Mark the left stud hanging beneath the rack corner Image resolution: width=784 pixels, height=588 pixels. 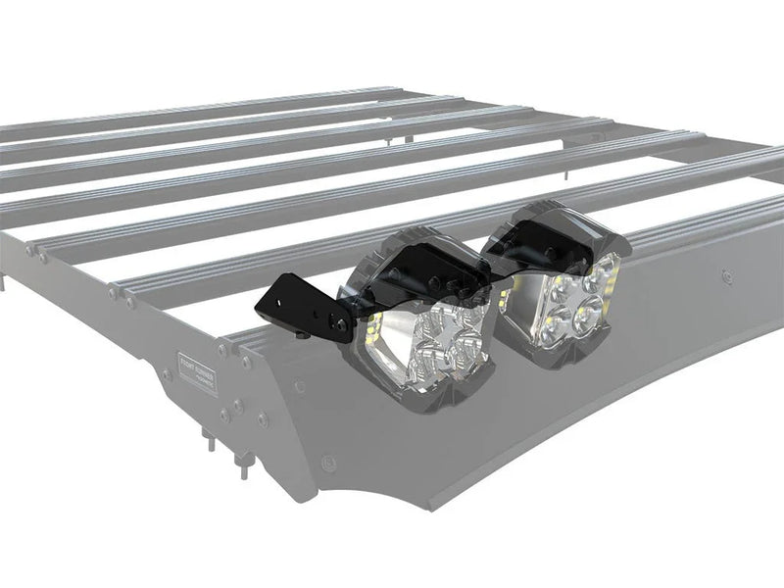[x=208, y=438]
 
